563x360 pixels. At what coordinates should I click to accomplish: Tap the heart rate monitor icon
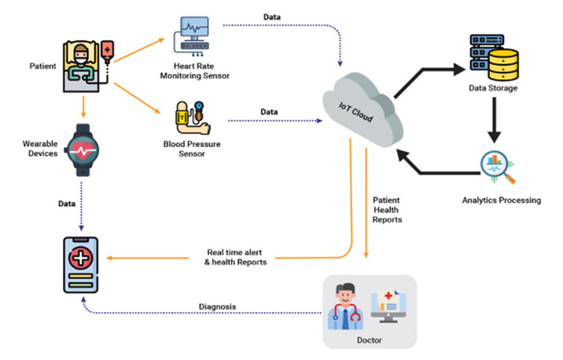[192, 36]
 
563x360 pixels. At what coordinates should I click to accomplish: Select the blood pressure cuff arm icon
[193, 118]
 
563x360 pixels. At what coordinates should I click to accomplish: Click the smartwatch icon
[83, 150]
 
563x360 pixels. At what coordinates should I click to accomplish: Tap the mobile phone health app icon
[81, 265]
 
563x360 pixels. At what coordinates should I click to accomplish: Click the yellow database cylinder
[503, 64]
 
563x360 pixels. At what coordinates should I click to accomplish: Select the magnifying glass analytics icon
[498, 167]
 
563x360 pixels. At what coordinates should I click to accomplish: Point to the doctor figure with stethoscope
[345, 307]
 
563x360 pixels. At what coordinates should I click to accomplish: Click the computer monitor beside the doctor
[388, 307]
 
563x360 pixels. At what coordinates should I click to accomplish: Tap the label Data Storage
[493, 88]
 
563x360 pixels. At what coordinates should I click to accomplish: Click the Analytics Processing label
[501, 200]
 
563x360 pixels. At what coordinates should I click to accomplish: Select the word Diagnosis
[217, 307]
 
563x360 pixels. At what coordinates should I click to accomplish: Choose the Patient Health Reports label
[387, 210]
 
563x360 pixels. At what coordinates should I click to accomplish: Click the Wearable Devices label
[40, 149]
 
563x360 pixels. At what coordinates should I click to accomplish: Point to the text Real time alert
[234, 252]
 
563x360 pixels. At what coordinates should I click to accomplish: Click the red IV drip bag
[108, 50]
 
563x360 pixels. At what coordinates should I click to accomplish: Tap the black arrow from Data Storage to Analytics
[494, 120]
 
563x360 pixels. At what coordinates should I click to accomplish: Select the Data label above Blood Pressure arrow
[269, 112]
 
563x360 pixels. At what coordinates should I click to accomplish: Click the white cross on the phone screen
[81, 258]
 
